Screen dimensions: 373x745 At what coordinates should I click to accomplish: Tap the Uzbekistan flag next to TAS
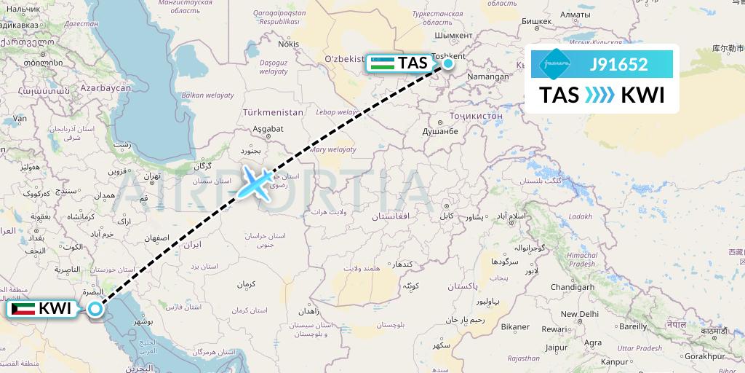[x=383, y=63]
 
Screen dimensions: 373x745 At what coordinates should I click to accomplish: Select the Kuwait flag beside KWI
[x=23, y=309]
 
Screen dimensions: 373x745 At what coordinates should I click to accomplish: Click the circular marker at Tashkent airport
[x=448, y=63]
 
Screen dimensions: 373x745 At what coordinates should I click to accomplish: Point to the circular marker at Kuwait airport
[x=95, y=310]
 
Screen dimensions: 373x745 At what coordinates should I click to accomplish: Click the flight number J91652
[x=618, y=64]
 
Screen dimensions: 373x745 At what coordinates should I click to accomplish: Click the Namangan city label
[x=487, y=76]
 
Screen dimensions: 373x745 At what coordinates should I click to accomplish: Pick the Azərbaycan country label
[x=105, y=88]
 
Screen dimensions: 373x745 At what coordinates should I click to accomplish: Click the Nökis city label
[x=288, y=44]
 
